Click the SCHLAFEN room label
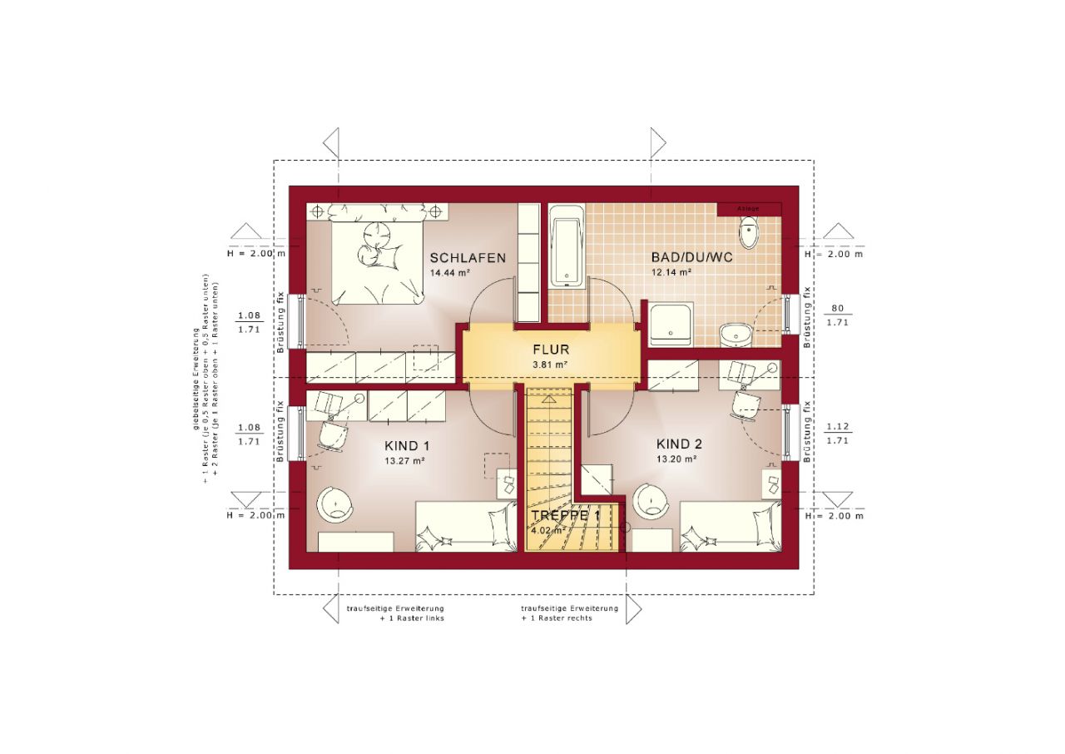coord(468,258)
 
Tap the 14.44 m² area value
coord(451,273)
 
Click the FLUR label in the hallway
coord(551,350)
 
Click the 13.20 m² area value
coord(676,459)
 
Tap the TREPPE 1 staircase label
coord(566,516)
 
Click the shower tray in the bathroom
coord(671,325)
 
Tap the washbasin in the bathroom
coord(736,334)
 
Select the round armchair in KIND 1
coord(334,503)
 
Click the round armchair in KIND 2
coord(650,502)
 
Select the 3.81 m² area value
coord(551,365)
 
